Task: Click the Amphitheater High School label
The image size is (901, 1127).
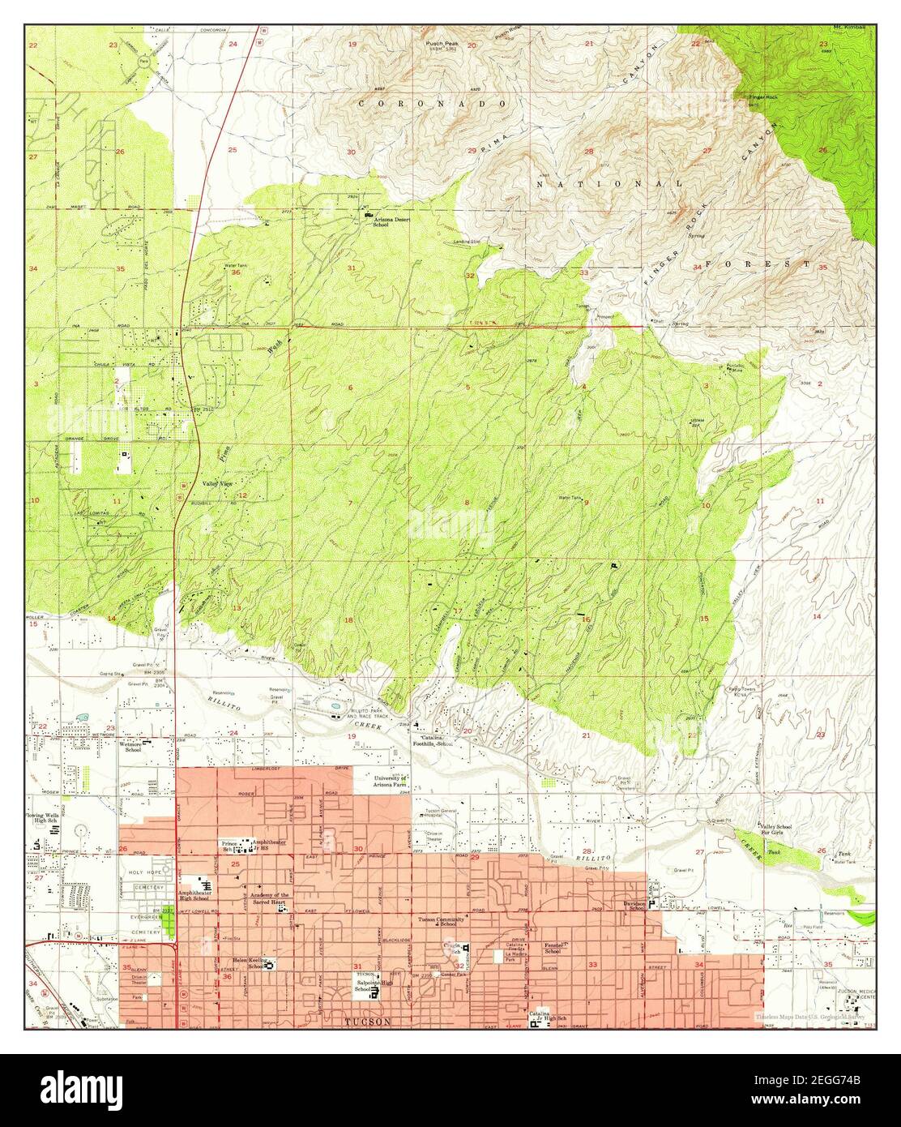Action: tap(193, 895)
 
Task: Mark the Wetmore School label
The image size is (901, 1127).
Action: tap(132, 746)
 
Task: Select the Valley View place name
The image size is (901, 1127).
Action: tap(217, 483)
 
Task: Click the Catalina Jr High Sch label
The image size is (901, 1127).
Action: tap(548, 1015)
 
